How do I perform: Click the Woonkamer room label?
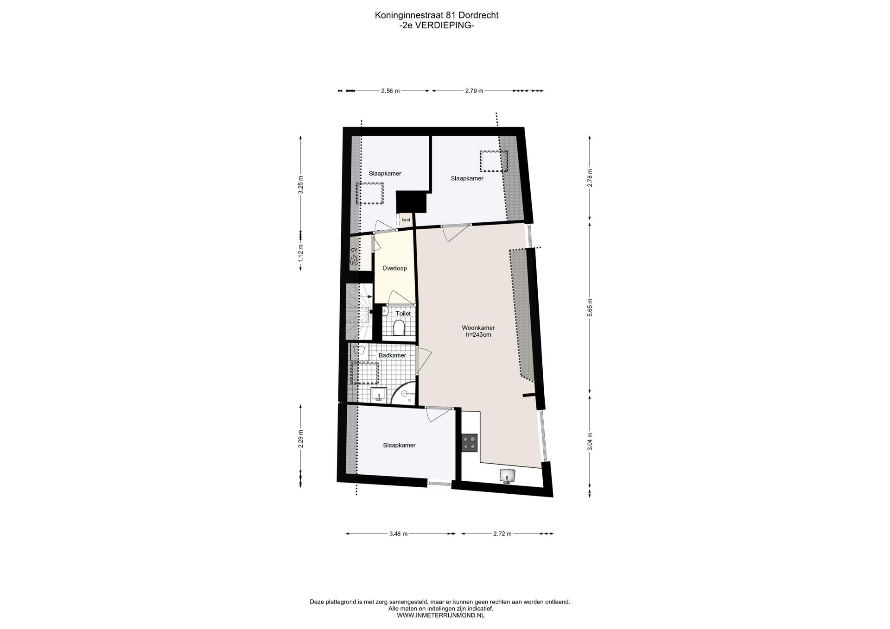coord(478,328)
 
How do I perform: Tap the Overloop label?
coord(394,268)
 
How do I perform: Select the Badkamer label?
coord(392,355)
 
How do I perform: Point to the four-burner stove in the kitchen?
coord(470,442)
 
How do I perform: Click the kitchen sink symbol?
coord(508,476)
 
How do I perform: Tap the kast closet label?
coord(406,220)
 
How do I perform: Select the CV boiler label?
coord(354,250)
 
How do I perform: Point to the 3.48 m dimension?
coord(398,534)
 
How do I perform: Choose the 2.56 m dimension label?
coord(390,91)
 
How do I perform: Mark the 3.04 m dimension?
coord(590,441)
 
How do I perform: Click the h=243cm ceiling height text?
coord(478,334)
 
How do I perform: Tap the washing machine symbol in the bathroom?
coord(359,352)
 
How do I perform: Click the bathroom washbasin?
coord(379,395)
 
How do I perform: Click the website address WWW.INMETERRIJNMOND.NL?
coord(440,615)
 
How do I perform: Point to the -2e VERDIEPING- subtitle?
coord(436,26)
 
